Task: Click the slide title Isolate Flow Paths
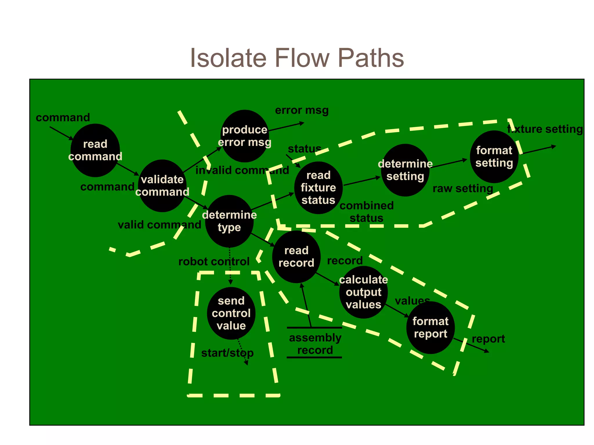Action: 297,58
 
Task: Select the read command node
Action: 95,150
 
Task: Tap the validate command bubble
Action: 162,186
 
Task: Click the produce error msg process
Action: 245,136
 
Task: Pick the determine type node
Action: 229,221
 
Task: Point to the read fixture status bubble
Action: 318,188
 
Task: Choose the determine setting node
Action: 405,170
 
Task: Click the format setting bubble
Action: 494,157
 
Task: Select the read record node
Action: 296,257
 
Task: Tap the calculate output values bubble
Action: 363,292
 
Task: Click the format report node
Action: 430,327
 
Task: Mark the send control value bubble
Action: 231,313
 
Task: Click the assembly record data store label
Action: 315,344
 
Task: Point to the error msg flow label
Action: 302,110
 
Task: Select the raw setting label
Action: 463,189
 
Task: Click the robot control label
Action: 214,262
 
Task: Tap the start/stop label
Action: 227,353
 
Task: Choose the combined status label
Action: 366,212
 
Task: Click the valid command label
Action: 159,225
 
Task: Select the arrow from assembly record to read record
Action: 306,306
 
